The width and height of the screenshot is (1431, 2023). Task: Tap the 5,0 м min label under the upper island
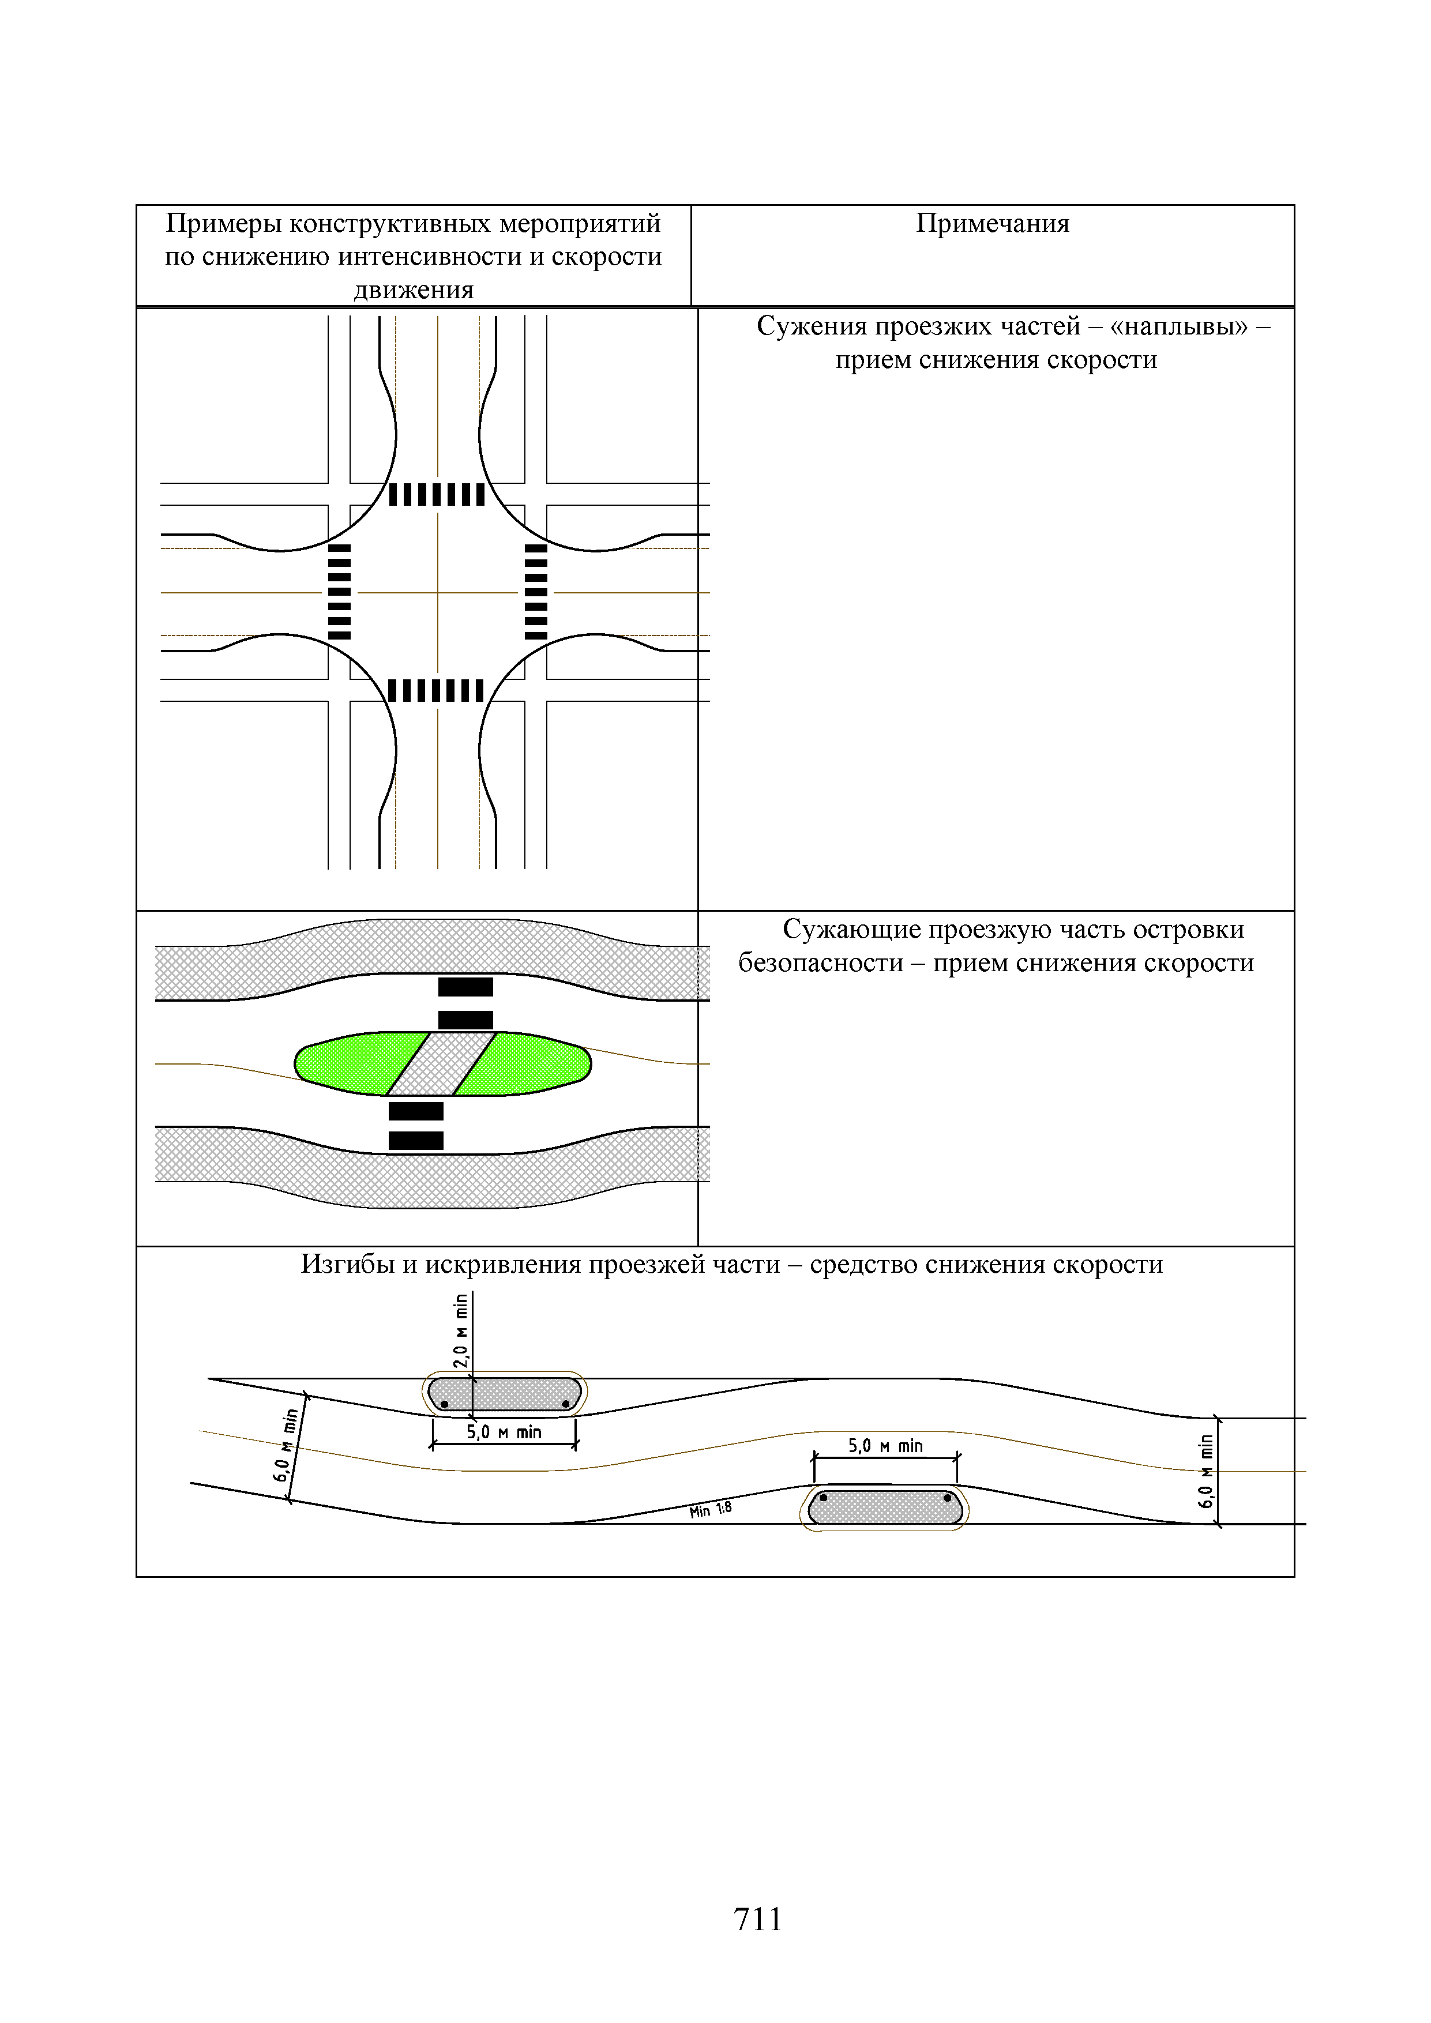[504, 1432]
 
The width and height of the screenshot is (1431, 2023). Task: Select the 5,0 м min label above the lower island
[885, 1446]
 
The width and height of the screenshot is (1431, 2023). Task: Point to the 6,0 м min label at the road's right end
[1205, 1472]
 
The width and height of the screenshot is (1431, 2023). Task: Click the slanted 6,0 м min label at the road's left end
[287, 1445]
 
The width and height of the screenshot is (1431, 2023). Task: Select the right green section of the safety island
[529, 1063]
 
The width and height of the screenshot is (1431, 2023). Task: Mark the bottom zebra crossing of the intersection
[437, 691]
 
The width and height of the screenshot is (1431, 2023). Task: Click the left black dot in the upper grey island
[444, 1404]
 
